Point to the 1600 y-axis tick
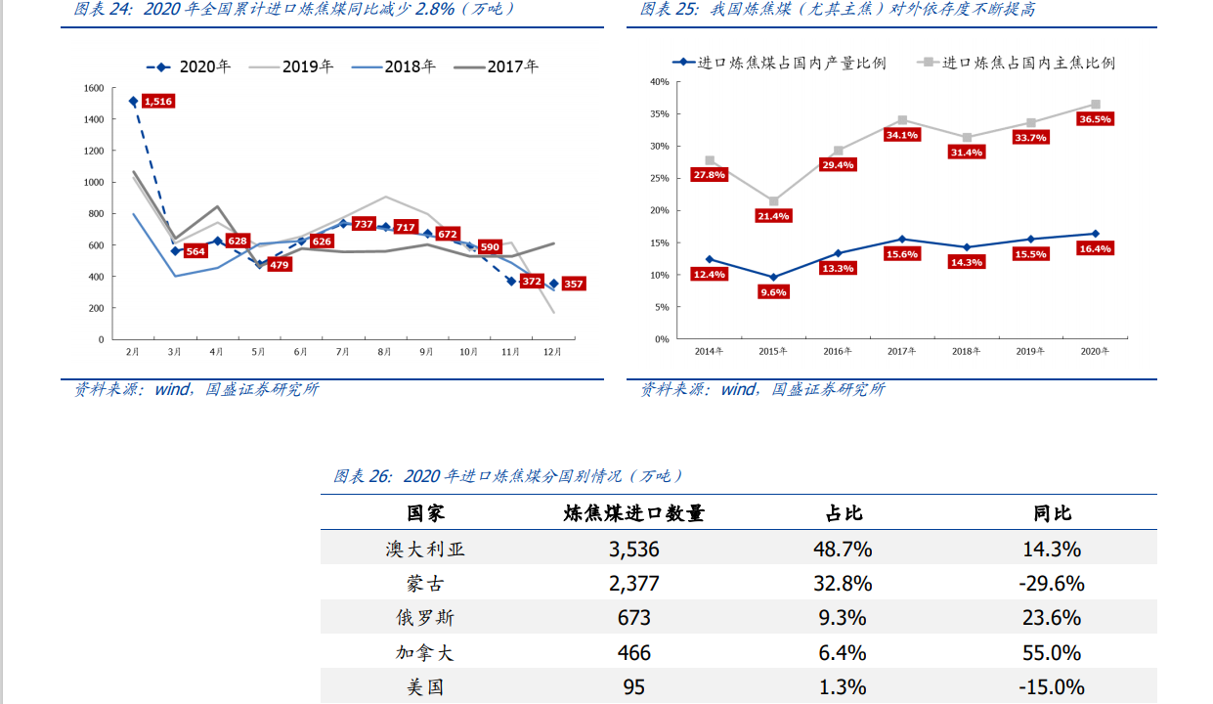[94, 88]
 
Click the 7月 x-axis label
[342, 352]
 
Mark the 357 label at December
[573, 285]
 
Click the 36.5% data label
[1095, 119]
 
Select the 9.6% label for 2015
[773, 292]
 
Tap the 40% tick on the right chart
[659, 82]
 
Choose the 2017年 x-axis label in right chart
[900, 352]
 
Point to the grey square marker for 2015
[773, 201]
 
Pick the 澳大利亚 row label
[425, 550]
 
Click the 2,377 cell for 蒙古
[633, 584]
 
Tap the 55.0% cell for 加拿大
[1052, 652]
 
